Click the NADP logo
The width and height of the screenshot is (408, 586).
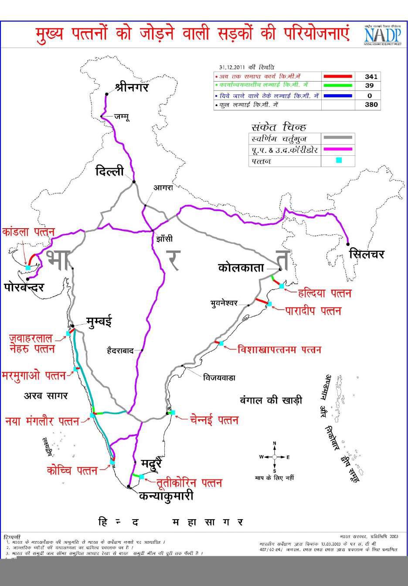382,34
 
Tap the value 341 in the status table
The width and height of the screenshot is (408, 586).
371,76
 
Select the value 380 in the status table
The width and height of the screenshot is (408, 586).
371,105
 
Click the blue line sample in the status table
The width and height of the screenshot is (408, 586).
338,96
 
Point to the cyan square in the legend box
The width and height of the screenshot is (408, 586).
339,160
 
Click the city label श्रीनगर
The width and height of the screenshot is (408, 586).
132,87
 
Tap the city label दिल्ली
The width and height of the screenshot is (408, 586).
109,171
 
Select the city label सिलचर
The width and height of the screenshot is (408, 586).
367,254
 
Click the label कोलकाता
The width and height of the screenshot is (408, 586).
241,267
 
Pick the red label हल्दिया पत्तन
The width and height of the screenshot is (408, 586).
324,293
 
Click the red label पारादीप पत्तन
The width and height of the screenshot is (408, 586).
313,311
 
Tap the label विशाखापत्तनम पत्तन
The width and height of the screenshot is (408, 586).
279,350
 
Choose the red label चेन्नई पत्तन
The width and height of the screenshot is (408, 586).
214,420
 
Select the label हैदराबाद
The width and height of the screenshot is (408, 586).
120,350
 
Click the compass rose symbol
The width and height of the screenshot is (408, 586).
275,457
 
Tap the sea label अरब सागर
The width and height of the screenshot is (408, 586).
46,396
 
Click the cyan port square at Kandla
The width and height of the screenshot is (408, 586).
28,267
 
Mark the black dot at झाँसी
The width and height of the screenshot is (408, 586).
152,230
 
